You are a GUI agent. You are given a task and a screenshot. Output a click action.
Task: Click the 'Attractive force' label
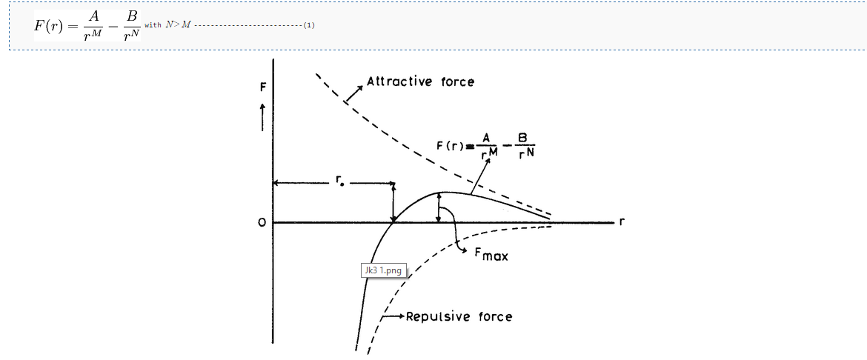point(420,81)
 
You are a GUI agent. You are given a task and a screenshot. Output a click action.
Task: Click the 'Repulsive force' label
point(459,317)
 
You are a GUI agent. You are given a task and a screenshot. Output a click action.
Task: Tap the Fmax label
point(491,255)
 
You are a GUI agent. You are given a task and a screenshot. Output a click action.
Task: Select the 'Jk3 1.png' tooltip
point(382,271)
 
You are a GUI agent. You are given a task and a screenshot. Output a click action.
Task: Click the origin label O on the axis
point(262,223)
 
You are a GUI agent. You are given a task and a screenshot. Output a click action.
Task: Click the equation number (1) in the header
point(309,25)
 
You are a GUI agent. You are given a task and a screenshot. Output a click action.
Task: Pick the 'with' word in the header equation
point(153,25)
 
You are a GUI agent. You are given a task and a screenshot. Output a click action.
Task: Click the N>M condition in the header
point(178,25)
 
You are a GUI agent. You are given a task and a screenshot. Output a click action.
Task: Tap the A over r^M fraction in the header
point(93,25)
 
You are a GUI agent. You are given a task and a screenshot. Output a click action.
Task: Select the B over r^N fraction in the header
point(131,25)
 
